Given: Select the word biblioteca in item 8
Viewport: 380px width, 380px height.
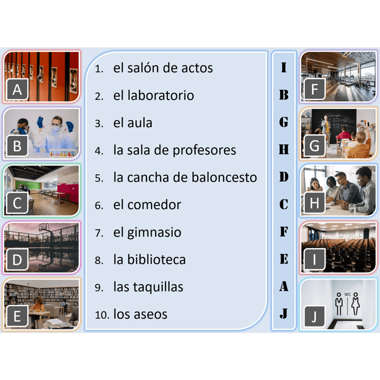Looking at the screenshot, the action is click(156, 259).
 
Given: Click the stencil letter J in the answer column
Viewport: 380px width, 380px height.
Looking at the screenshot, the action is click(283, 313).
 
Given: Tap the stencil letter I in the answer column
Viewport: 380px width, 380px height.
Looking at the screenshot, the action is click(283, 67).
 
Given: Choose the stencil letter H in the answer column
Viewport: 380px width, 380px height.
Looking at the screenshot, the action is click(284, 149).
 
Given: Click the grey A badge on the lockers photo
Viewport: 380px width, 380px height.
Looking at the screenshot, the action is click(17, 89).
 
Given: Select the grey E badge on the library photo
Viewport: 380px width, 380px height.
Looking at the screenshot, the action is click(17, 316).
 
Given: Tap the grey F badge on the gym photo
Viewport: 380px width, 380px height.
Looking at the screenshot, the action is click(314, 89).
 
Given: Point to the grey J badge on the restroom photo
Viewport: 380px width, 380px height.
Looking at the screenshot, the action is click(314, 316).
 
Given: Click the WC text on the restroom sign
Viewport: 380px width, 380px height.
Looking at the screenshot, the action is click(347, 294).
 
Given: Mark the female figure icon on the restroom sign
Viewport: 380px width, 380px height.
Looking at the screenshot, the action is click(356, 304).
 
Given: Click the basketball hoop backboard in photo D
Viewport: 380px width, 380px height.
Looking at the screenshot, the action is click(44, 227).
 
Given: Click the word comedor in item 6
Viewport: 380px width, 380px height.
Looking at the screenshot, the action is click(154, 205).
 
